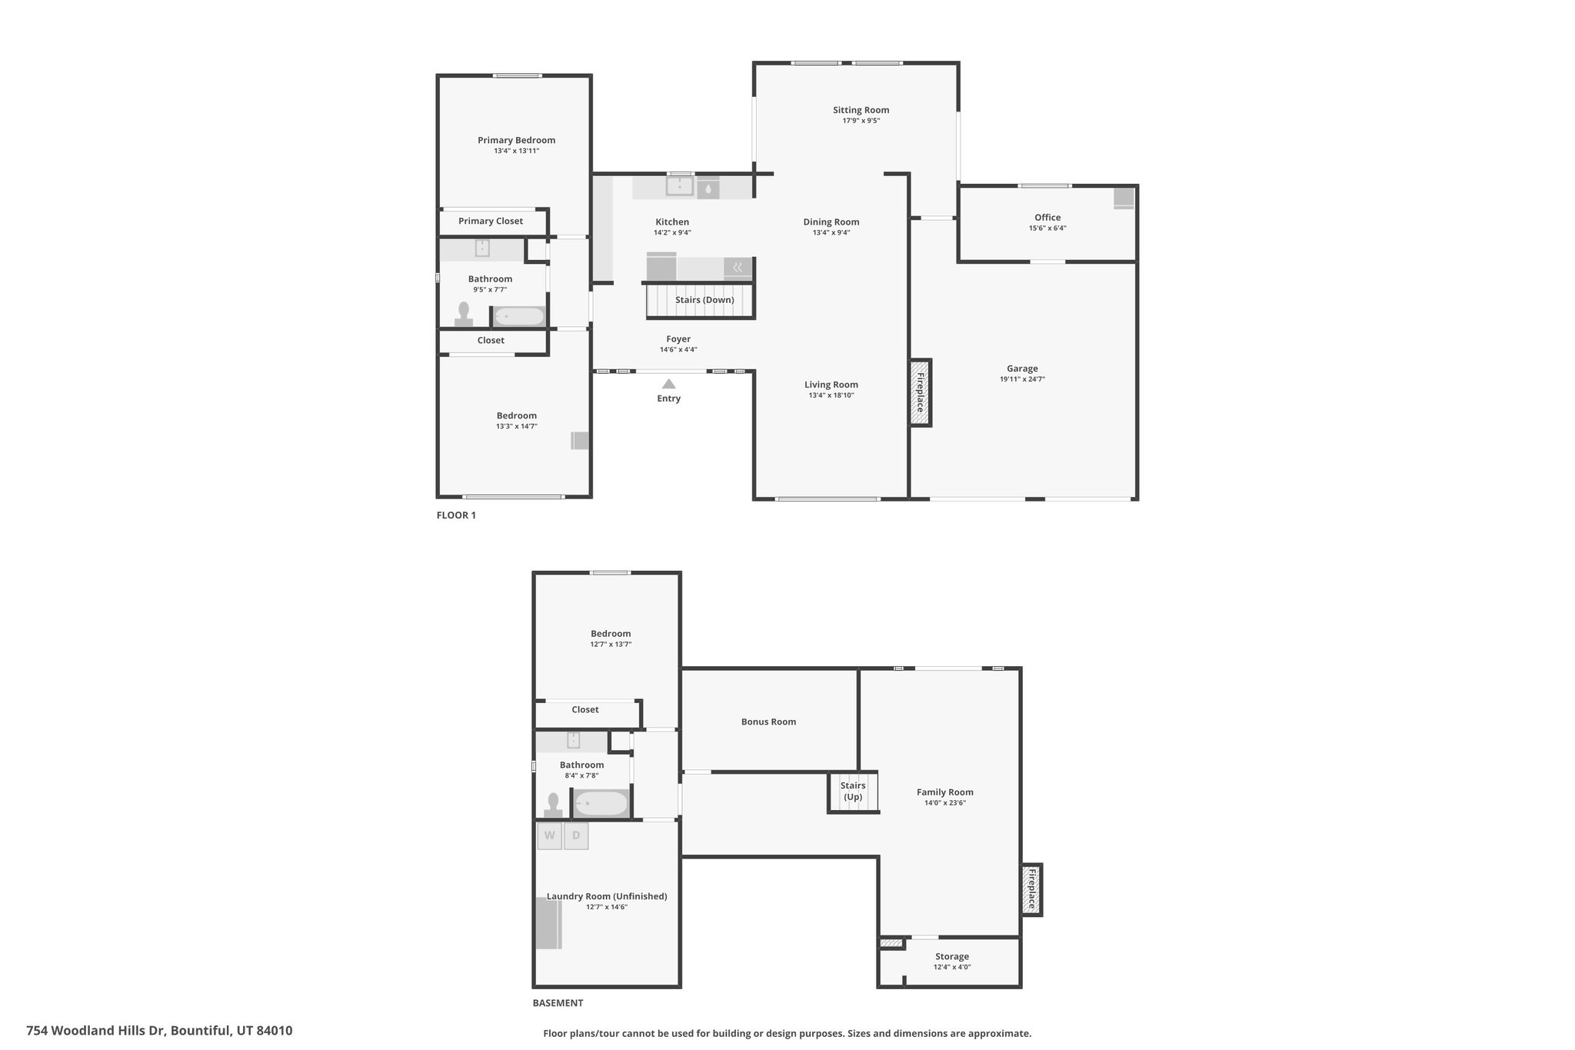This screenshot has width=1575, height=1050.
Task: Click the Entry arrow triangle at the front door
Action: [669, 384]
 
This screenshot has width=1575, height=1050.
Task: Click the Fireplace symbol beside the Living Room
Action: [921, 392]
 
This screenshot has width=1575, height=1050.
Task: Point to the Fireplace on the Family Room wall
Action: [1031, 889]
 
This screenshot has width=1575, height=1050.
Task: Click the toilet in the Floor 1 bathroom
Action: [464, 315]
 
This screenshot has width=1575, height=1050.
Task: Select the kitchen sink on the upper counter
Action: [680, 187]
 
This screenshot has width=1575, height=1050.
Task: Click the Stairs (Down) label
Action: [704, 300]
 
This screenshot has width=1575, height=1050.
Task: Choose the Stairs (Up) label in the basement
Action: [853, 792]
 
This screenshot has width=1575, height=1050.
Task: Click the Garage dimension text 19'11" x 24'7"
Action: [1022, 379]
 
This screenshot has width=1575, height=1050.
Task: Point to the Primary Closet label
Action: [491, 222]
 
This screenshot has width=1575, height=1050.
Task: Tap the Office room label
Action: [1047, 218]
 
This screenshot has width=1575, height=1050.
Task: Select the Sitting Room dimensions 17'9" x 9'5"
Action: [861, 121]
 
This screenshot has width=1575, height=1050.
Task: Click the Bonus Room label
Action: [768, 722]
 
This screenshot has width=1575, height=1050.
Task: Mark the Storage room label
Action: [952, 957]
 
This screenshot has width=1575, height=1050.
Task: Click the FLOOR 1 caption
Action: [456, 515]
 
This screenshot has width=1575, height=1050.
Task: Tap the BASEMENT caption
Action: [558, 1003]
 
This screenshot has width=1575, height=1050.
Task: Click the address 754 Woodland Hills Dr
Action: [95, 1031]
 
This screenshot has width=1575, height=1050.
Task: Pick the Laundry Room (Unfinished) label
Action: [607, 896]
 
